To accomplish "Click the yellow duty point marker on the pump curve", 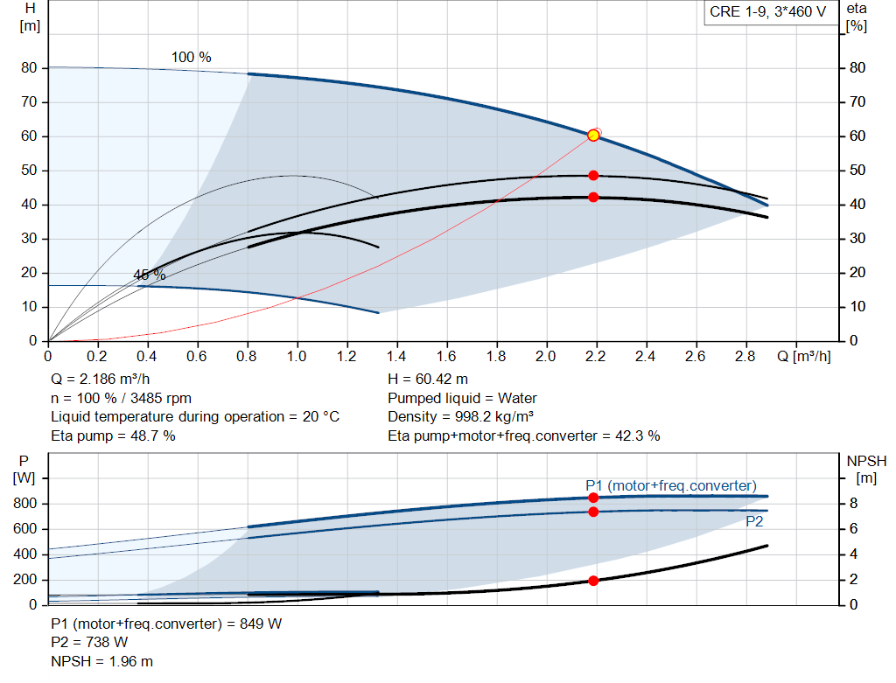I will tap(593, 135).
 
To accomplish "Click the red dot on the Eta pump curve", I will tap(593, 175).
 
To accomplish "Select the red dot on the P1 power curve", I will tap(593, 498).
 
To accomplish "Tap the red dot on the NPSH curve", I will tap(593, 581).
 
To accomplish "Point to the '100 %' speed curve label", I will tap(191, 57).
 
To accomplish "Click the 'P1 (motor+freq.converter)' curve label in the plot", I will tap(671, 485).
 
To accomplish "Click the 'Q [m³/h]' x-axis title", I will tap(809, 357).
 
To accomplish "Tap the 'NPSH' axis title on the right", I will tap(866, 461).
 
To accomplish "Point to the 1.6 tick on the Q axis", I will tap(446, 357).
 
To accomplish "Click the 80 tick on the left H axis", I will tap(30, 67).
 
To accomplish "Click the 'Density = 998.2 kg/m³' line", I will tap(463, 416).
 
